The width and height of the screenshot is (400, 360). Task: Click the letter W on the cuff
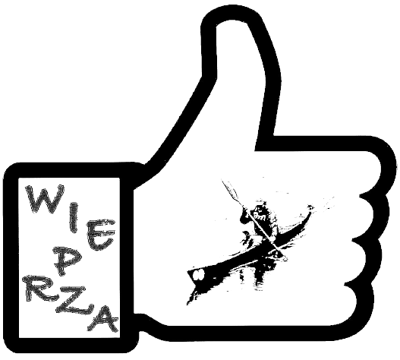(46, 199)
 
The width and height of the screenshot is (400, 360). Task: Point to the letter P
(65, 262)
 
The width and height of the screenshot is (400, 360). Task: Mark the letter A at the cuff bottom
(102, 319)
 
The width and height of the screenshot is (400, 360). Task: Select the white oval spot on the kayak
(199, 274)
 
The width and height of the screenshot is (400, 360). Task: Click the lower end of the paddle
(282, 256)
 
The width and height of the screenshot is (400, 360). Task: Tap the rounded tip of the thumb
(231, 19)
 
